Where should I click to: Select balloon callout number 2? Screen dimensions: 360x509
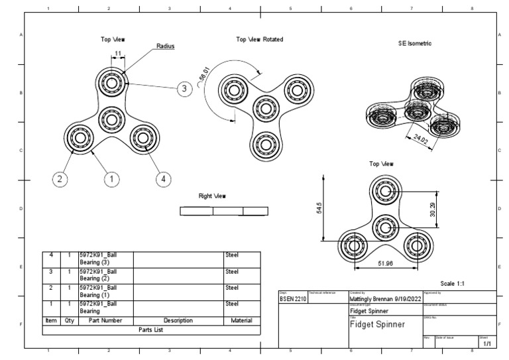[x=60, y=178]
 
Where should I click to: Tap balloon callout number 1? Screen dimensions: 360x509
[x=112, y=178]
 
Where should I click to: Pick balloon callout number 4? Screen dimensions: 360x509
[x=163, y=178]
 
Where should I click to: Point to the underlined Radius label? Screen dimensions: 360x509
[x=165, y=46]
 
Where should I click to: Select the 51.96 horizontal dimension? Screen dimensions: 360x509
[x=384, y=264]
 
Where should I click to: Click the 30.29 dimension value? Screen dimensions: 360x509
[x=432, y=209]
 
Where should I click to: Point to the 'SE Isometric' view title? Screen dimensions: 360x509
[x=410, y=43]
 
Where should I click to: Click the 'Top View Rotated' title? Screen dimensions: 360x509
[x=259, y=40]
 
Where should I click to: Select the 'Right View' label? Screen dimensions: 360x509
[x=213, y=196]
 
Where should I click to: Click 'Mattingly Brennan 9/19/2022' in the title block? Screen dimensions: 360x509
[x=384, y=299]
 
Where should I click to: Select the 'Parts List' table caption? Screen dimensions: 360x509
[x=152, y=329]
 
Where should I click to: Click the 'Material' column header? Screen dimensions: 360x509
[x=241, y=320]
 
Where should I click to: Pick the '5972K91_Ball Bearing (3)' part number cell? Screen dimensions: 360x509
[x=98, y=258]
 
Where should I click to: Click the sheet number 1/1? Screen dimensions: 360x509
[x=486, y=344]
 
